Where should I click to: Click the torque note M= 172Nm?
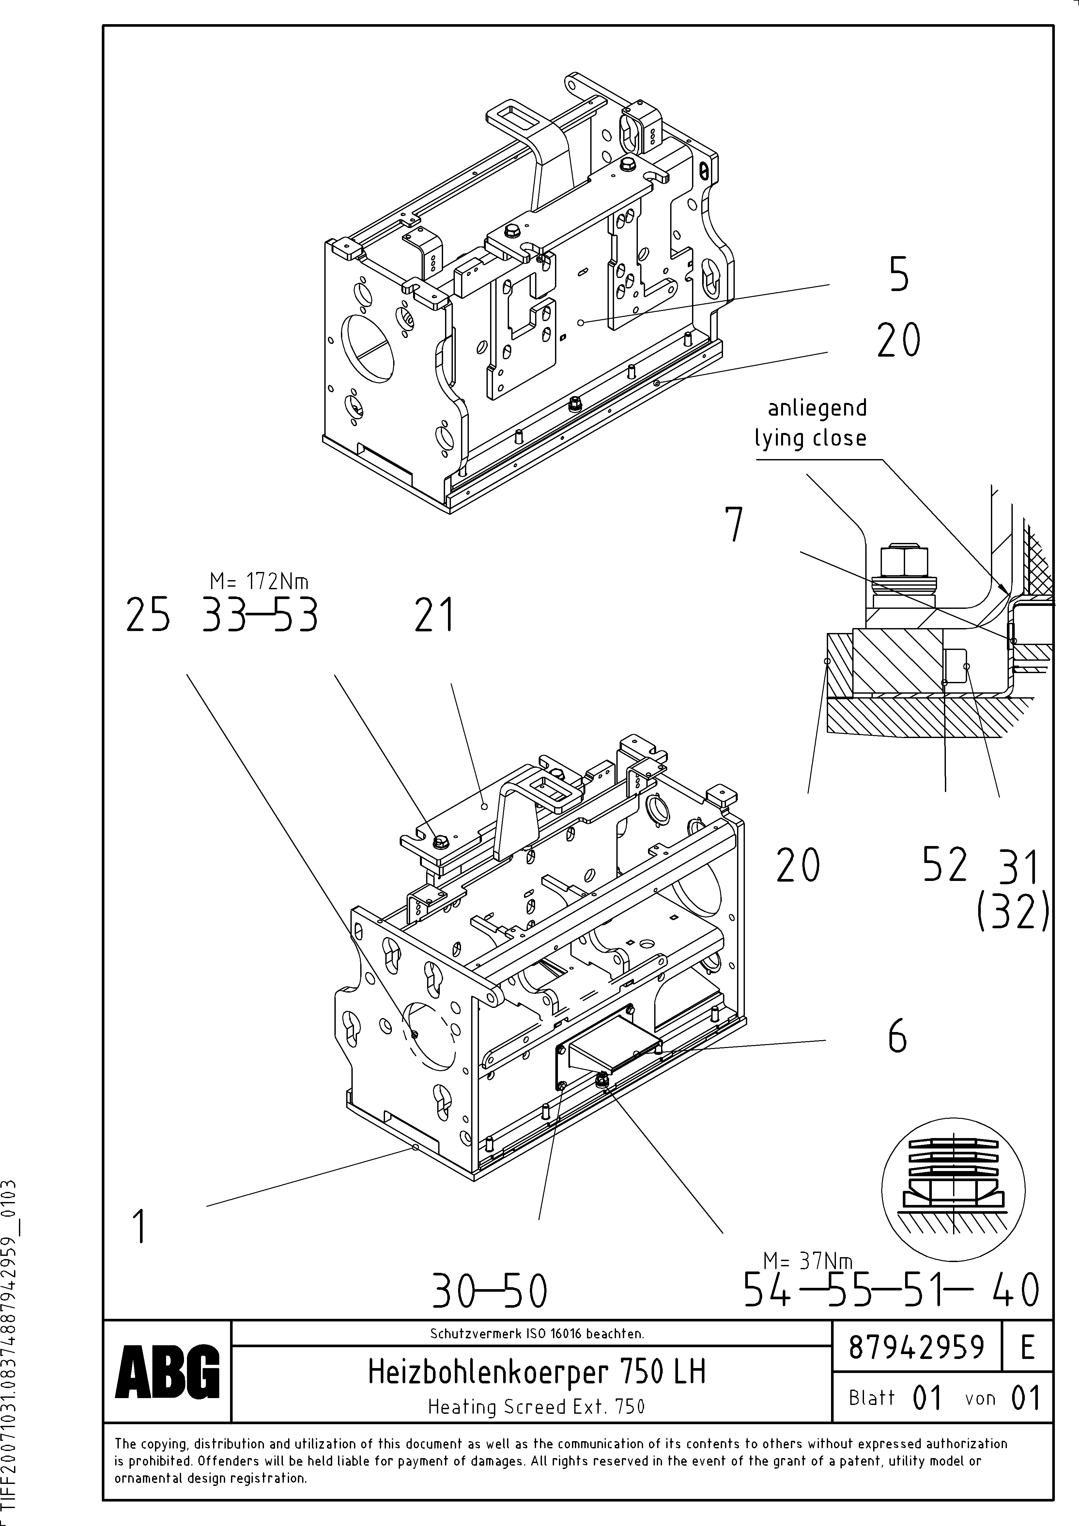click(x=259, y=581)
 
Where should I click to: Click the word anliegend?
click(x=817, y=408)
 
